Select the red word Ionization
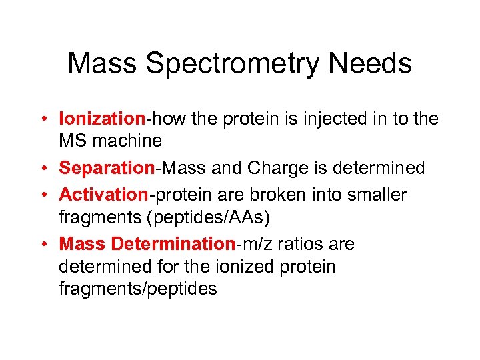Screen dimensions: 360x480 (102, 119)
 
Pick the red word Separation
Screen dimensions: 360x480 (107, 168)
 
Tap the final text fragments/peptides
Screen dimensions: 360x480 (138, 289)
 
